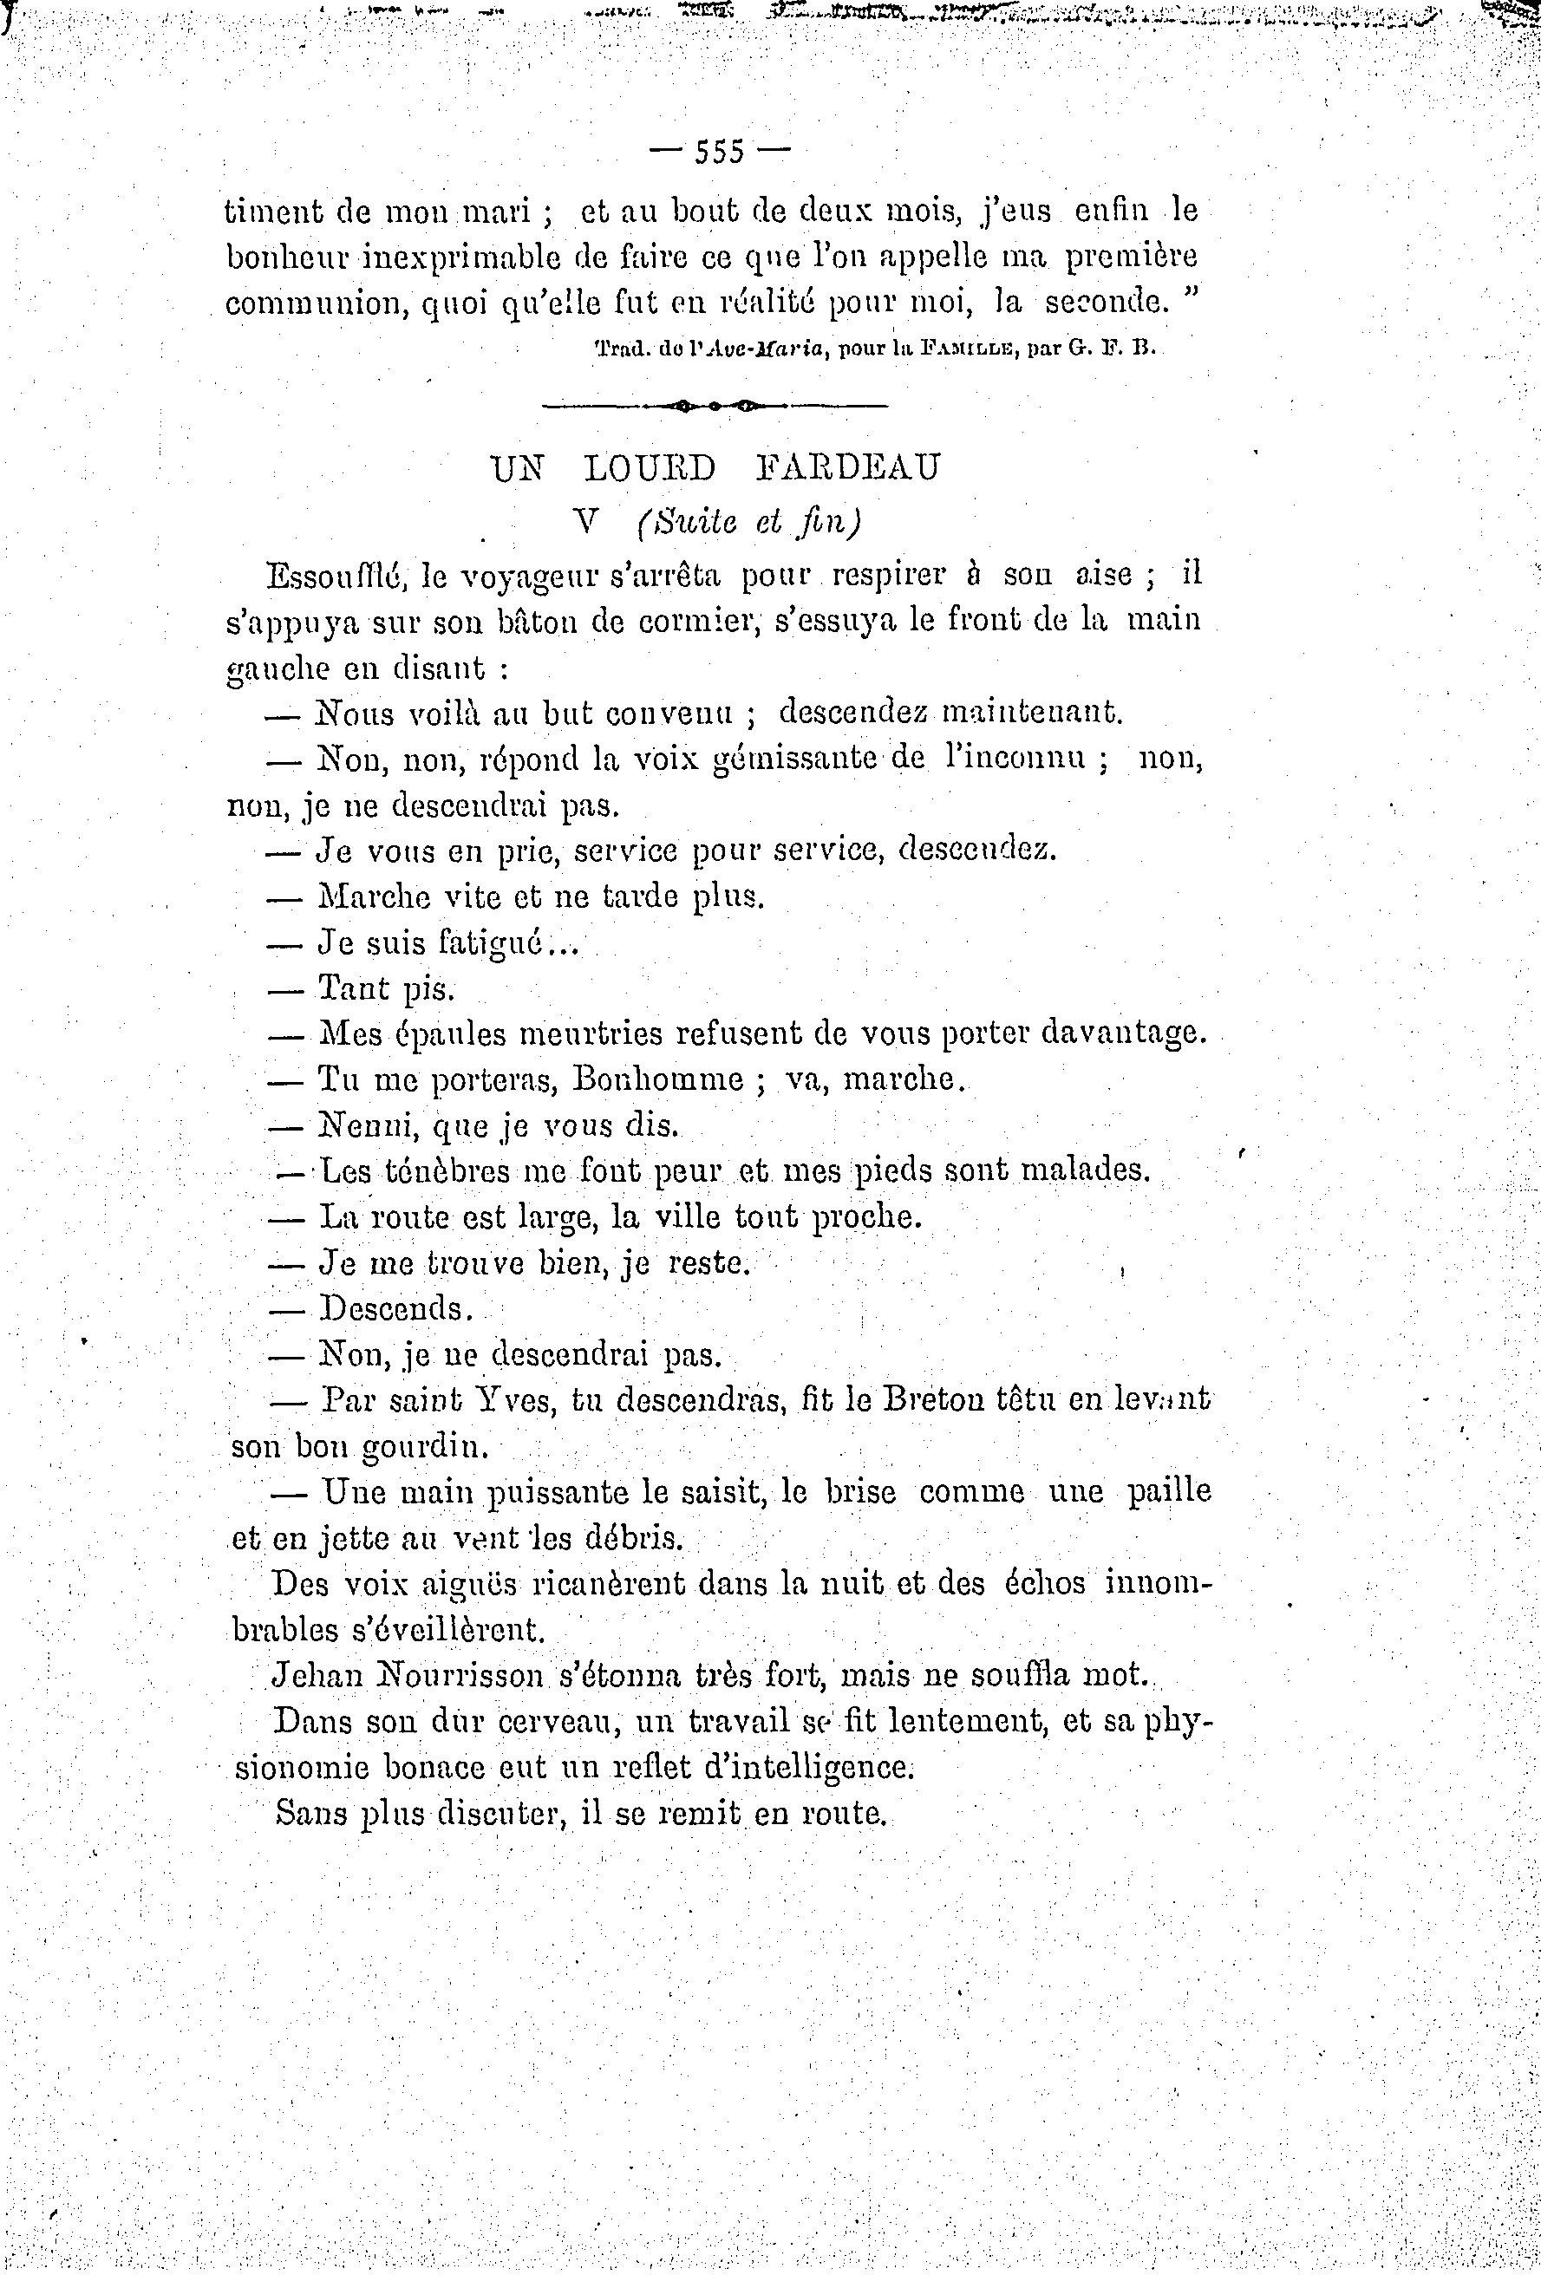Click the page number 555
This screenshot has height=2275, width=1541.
[720, 152]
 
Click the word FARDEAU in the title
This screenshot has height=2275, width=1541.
[848, 469]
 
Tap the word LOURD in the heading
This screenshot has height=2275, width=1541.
[650, 469]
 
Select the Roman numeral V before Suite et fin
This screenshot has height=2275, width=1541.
[586, 522]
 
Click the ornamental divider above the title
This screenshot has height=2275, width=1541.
[715, 404]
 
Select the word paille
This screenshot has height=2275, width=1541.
[1169, 1492]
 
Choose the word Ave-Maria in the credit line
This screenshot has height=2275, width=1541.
[751, 348]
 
